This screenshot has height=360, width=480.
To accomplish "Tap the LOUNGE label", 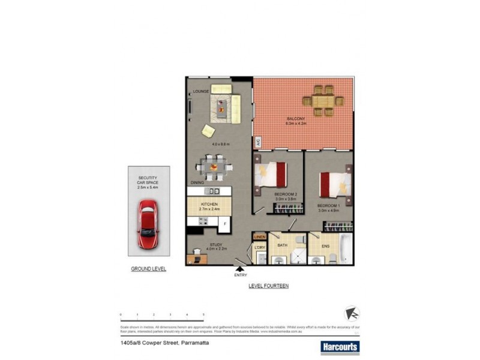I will coord(200,92).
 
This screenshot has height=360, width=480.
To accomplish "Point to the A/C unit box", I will coord(258,142).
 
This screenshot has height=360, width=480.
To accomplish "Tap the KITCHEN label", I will coord(209,204).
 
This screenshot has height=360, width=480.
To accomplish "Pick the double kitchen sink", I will coord(212,191).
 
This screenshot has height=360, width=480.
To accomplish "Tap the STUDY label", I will coord(215,245).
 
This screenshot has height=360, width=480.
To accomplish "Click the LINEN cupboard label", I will coord(259,238).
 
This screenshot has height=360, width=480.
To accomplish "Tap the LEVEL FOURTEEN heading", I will coord(268,286).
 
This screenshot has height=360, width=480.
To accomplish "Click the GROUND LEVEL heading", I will coord(148,269).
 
